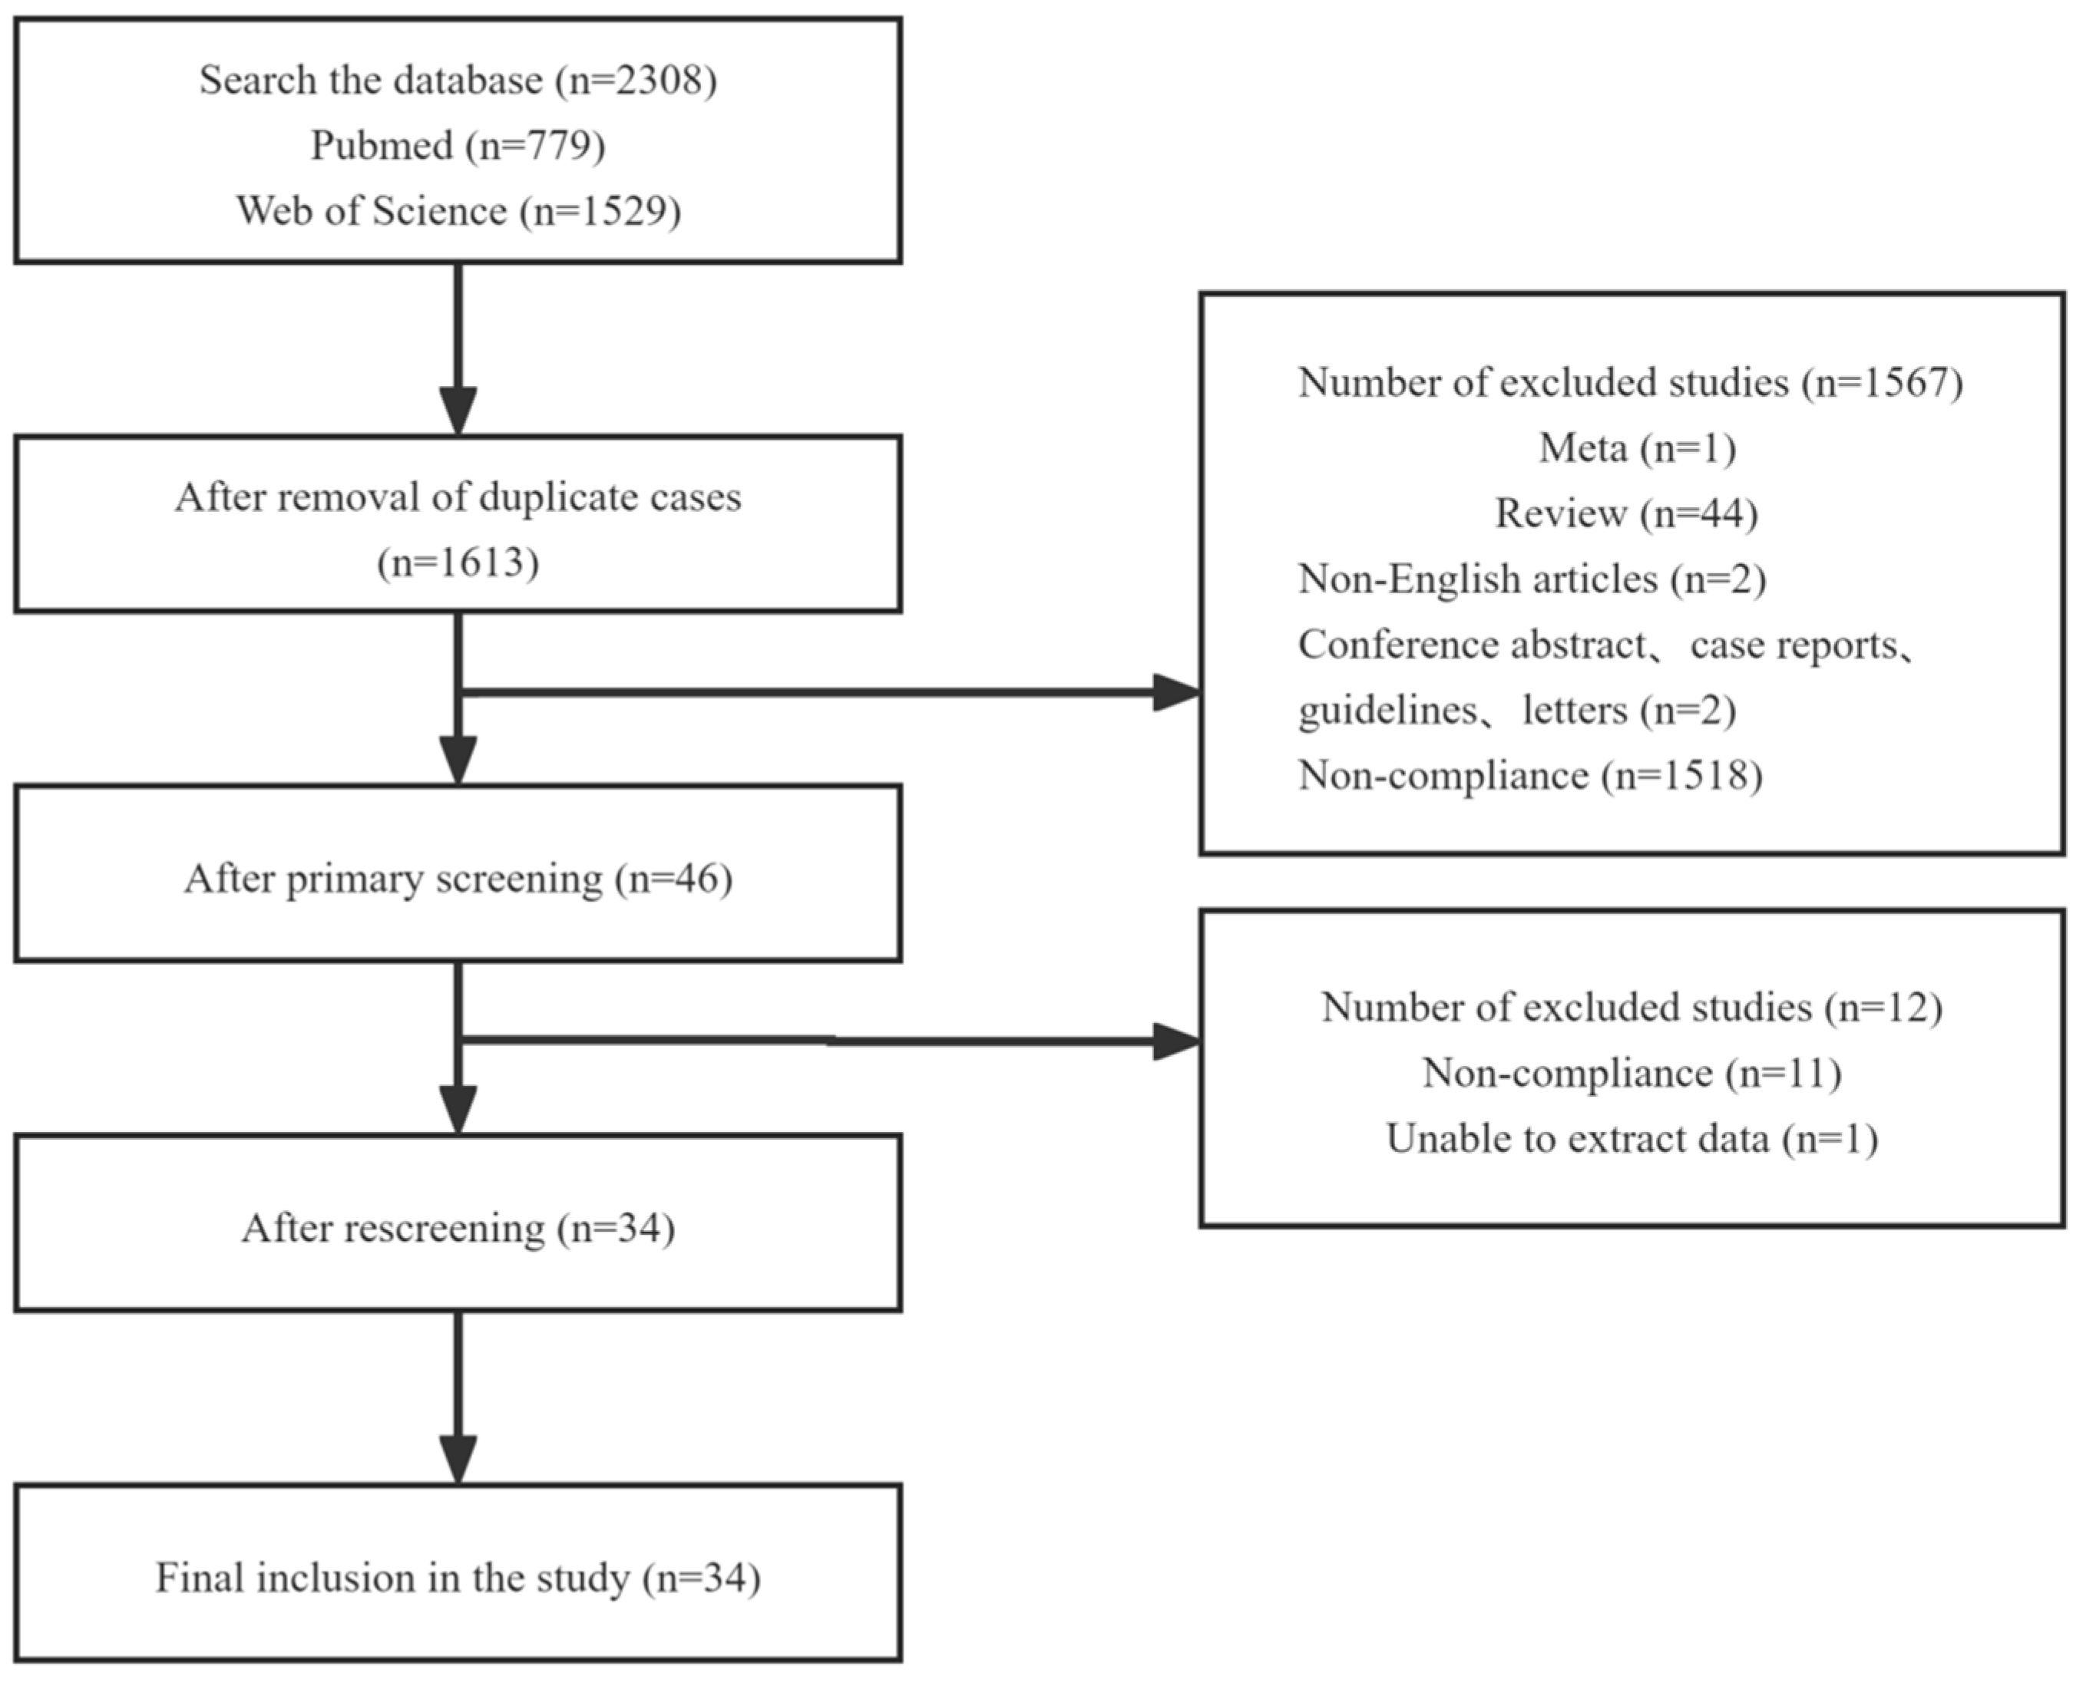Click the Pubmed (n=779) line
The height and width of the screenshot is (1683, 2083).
458,145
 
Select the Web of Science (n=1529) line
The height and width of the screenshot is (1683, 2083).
458,210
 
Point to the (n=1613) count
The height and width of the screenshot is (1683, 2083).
458,563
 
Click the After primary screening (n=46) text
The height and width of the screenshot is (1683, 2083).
458,879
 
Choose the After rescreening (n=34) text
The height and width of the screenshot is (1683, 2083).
458,1229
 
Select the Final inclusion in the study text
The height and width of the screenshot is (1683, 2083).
393,1577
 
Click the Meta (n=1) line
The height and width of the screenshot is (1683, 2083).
1637,448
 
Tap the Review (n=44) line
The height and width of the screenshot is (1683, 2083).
1626,513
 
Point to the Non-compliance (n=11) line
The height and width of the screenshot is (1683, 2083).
1631,1073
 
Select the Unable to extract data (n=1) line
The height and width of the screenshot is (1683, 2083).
1631,1138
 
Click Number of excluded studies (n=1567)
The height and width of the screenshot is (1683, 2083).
1630,382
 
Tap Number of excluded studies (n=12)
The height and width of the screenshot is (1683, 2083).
1631,1008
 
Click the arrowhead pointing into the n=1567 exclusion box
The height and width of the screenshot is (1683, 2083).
1176,692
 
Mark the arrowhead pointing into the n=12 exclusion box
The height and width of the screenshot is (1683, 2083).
1176,1041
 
